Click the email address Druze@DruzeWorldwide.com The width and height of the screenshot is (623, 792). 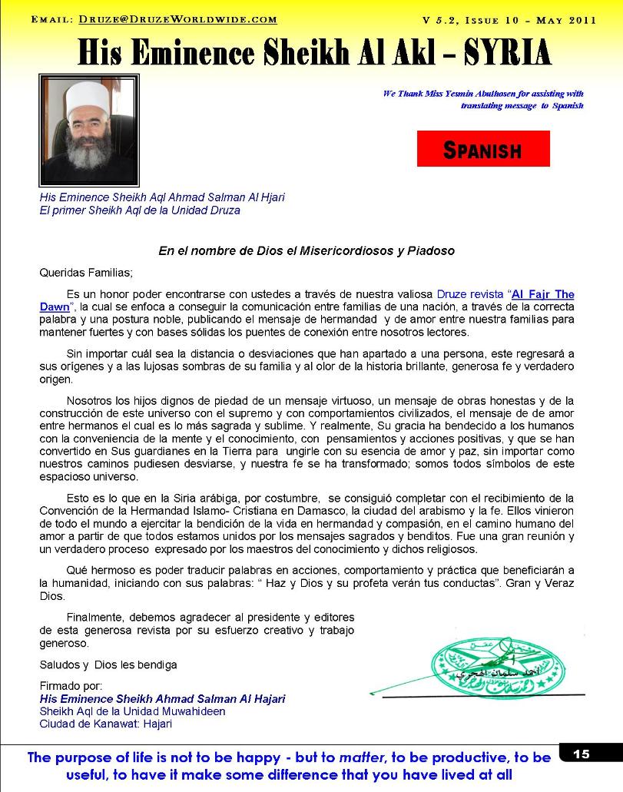click(177, 20)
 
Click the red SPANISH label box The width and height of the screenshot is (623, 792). click(483, 149)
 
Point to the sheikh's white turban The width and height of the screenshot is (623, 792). click(88, 91)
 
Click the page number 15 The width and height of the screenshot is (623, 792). click(582, 754)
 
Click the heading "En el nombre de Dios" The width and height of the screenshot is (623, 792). click(307, 251)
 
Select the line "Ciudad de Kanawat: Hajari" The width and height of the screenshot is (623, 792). click(106, 724)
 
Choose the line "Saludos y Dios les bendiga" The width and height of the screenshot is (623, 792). click(108, 664)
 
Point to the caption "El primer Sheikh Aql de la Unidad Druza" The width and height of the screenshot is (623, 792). click(140, 210)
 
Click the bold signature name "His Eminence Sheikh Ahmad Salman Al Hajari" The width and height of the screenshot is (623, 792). click(162, 699)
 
